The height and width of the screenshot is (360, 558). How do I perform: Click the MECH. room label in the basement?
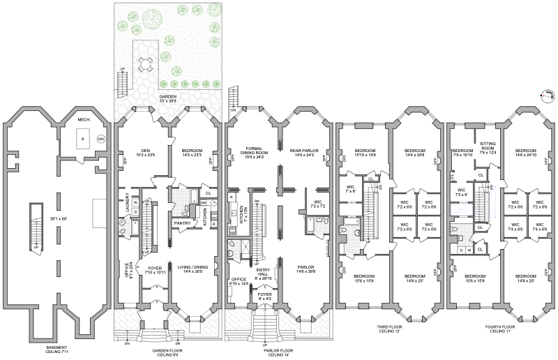[x=83, y=120]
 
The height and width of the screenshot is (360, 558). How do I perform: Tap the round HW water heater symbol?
[x=100, y=138]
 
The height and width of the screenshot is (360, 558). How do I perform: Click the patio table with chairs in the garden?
[x=145, y=64]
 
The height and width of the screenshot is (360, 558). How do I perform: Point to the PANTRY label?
[x=183, y=223]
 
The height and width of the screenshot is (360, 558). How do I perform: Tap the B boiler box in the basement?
[x=83, y=140]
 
